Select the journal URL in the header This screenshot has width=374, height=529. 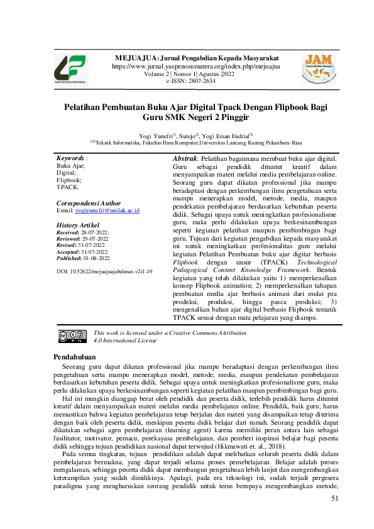[x=195, y=66]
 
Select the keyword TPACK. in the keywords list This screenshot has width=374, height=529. [x=68, y=187]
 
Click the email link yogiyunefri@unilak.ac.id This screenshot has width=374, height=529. [x=107, y=211]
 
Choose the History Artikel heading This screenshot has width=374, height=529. [x=79, y=225]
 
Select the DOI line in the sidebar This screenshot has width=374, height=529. [x=104, y=271]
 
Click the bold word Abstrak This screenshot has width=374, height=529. [x=185, y=159]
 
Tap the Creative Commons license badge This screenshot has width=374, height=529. [x=72, y=336]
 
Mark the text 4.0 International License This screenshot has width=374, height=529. [x=124, y=340]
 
